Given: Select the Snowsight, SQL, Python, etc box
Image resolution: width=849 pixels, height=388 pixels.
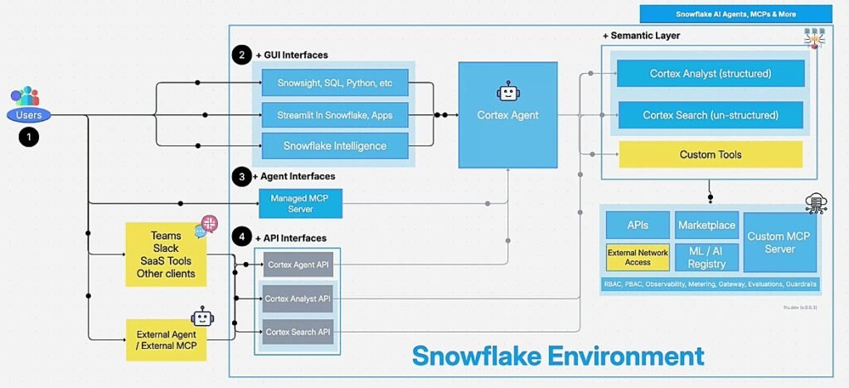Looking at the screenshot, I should click(x=335, y=83).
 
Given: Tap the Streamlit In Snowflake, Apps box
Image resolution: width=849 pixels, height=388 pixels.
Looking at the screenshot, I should click(x=335, y=114).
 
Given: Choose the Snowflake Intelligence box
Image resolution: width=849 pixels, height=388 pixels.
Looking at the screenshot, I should click(x=335, y=146).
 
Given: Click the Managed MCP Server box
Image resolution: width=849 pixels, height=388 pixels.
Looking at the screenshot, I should click(x=300, y=203).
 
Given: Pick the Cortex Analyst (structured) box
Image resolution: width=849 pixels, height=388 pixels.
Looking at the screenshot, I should click(x=711, y=73).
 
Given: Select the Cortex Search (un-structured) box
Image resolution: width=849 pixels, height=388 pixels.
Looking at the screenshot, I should click(x=711, y=115).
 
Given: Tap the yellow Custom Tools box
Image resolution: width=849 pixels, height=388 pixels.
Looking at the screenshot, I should click(x=711, y=154).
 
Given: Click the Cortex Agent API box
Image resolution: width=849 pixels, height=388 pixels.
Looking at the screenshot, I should click(x=298, y=265).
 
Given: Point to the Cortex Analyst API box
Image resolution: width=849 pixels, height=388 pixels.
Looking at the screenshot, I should click(x=298, y=298).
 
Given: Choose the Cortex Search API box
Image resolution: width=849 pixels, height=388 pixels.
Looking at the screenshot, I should click(x=298, y=332).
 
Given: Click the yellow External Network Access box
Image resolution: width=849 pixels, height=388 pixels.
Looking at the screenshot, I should click(x=638, y=257).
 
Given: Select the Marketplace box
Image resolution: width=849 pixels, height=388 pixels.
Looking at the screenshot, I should click(x=706, y=225).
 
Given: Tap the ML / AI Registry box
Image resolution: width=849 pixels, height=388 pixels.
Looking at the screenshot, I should click(x=706, y=257).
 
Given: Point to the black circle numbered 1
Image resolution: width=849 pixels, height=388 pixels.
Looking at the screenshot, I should click(x=29, y=138).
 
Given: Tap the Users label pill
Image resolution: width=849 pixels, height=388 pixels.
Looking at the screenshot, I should click(x=29, y=115).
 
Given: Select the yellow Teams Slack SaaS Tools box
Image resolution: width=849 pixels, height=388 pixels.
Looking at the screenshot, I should click(x=165, y=255).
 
